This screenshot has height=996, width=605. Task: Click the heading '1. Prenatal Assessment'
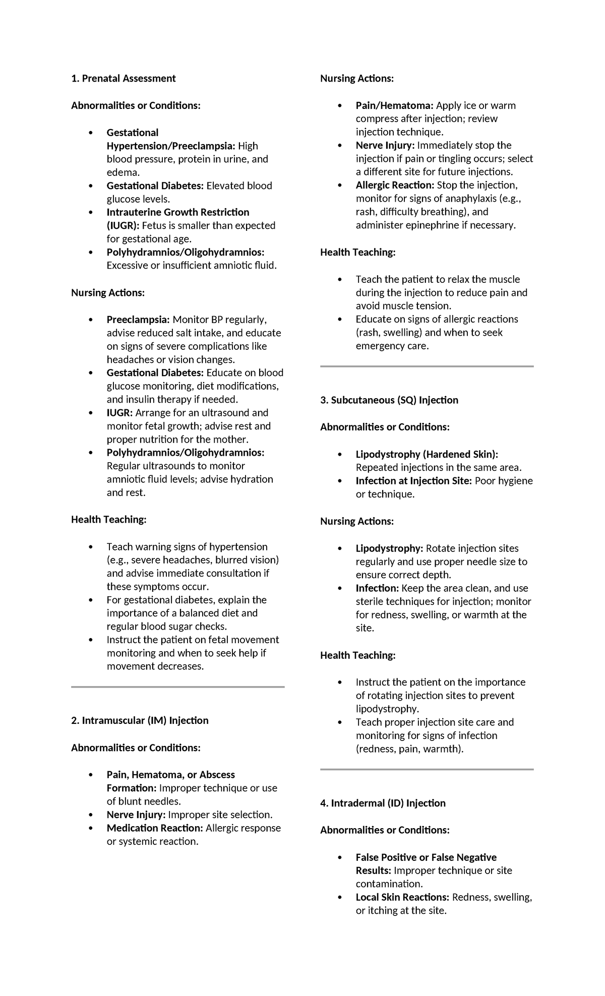tap(123, 78)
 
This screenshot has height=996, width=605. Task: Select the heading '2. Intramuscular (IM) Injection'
tap(140, 720)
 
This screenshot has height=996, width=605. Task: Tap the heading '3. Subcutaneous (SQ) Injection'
tap(389, 400)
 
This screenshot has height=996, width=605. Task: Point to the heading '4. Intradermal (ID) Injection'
tap(383, 803)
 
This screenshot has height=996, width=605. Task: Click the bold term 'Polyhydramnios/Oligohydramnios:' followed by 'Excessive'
tap(185, 252)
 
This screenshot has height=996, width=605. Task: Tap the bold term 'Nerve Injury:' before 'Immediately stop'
tap(385, 145)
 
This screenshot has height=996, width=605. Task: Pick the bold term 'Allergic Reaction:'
tap(395, 185)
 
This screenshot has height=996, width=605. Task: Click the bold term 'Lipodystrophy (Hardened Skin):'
tap(427, 454)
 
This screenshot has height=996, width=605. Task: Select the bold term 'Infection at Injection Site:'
tap(413, 481)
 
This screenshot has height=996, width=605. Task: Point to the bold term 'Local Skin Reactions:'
tap(402, 897)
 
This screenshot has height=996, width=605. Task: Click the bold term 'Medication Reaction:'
tap(155, 828)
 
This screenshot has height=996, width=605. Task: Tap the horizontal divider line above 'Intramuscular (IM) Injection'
tap(177, 687)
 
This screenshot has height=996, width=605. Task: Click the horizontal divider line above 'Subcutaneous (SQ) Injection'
tap(427, 366)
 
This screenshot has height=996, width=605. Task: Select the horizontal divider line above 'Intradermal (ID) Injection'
tap(427, 770)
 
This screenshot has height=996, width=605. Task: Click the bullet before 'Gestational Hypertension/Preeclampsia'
tap(91, 133)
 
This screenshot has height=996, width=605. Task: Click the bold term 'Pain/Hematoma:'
tap(394, 105)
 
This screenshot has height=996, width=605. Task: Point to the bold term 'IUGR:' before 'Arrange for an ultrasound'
tap(120, 413)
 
